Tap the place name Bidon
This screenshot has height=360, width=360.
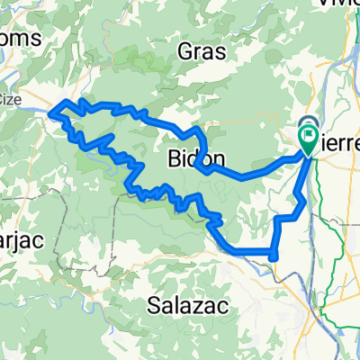[191, 159]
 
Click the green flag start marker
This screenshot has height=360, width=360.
[308, 140]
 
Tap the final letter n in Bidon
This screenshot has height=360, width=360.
[209, 159]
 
